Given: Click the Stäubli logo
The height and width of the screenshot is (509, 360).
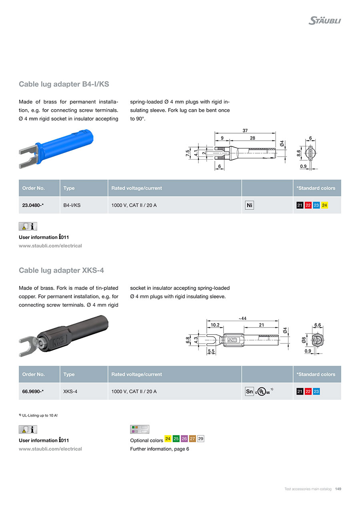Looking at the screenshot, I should [x=324, y=20].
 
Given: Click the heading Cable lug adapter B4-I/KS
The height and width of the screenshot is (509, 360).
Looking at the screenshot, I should [x=64, y=84].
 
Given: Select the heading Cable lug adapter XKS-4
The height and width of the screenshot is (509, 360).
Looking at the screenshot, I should [x=61, y=270].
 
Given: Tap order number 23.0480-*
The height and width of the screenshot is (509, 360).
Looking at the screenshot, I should [x=33, y=205].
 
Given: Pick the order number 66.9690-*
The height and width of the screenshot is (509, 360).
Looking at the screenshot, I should [x=33, y=391].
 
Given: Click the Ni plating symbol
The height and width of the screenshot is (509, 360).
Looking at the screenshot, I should [x=250, y=205].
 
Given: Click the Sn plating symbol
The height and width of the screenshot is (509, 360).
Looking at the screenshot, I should [x=249, y=391].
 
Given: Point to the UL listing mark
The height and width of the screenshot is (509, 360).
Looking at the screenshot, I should [x=262, y=391].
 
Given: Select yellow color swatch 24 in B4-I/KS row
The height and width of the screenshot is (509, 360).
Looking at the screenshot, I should [x=324, y=205].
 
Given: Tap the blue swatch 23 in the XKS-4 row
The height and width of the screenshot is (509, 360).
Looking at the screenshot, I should [x=316, y=391].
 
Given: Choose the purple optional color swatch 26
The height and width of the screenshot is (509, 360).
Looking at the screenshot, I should [x=184, y=439].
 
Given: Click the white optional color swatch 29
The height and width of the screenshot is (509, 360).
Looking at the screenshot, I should [x=201, y=439].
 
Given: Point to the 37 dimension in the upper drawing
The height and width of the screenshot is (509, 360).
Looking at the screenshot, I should [x=245, y=130].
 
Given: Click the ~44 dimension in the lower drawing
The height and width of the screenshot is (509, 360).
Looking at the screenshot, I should [x=242, y=318].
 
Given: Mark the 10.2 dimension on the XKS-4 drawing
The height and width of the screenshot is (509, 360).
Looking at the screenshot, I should [x=215, y=325].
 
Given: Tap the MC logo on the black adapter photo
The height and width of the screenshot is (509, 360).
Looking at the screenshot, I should [x=58, y=341].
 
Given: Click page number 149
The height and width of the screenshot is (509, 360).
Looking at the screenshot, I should [x=338, y=489].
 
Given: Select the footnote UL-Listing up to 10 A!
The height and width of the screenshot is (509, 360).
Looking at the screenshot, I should [x=40, y=415].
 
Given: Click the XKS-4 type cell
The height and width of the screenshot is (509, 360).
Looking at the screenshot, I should [x=70, y=391].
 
